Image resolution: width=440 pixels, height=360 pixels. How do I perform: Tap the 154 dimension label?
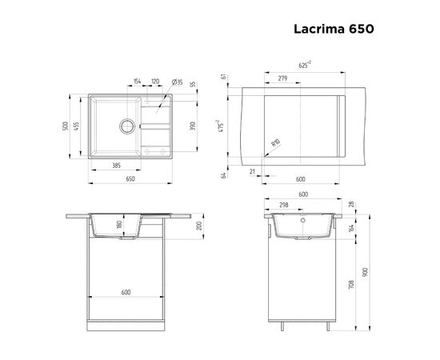pyautogui.click(x=136, y=82)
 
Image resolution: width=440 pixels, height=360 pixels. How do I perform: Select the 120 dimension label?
pyautogui.click(x=154, y=82)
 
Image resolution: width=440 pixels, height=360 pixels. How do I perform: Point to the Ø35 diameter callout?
pyautogui.click(x=178, y=82)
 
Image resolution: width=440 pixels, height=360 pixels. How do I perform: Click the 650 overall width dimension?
pyautogui.click(x=130, y=180)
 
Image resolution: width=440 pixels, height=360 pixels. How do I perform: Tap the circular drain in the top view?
pyautogui.click(x=125, y=126)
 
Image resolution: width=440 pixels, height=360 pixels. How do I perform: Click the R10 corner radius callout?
pyautogui.click(x=274, y=142)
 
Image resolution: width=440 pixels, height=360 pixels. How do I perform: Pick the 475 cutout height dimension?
pyautogui.click(x=228, y=126)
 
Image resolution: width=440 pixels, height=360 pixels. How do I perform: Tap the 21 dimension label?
pyautogui.click(x=253, y=170)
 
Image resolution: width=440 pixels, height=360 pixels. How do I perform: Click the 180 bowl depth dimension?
pyautogui.click(x=119, y=226)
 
